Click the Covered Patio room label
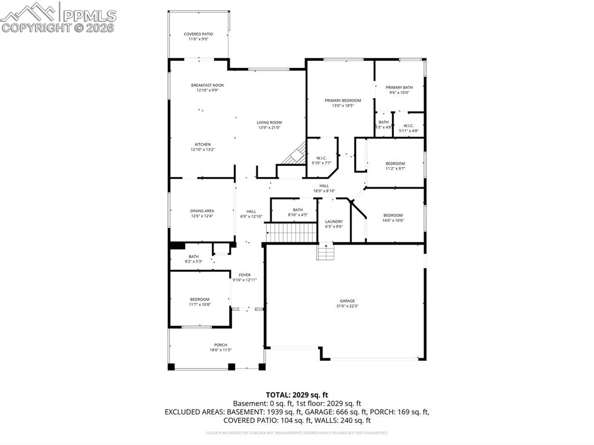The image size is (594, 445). [199, 34]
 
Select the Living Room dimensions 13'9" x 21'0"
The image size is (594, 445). [269, 128]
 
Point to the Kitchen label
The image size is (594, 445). [202, 144]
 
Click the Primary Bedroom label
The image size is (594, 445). [342, 100]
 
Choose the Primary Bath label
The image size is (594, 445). [399, 88]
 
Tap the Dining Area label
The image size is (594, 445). [202, 211]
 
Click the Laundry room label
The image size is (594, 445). [334, 222]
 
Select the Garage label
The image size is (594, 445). [347, 301]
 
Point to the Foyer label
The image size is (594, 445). [244, 274]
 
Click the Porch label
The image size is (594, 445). [220, 345]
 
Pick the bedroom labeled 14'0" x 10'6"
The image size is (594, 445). [393, 216]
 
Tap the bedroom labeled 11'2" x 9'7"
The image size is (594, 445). [395, 164]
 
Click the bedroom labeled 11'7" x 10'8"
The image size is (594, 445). [199, 299]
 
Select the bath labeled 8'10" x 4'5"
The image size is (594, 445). [298, 210]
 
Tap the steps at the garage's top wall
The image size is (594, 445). [326, 253]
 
